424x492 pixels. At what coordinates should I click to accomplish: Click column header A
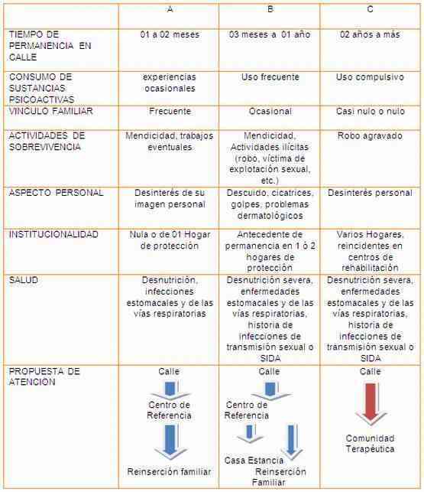(x=169, y=10)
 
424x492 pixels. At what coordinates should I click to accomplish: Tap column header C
(x=371, y=10)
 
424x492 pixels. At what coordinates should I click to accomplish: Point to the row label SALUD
(x=26, y=280)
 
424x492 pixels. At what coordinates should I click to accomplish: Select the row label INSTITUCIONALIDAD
(x=53, y=234)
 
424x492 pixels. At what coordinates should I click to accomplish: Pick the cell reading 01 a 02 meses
(x=169, y=34)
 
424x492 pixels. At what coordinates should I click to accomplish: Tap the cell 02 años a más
(x=370, y=34)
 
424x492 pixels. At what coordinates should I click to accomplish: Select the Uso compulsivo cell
(x=370, y=77)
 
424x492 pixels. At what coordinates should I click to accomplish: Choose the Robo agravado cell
(x=370, y=135)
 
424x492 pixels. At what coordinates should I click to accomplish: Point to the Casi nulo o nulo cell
(x=370, y=110)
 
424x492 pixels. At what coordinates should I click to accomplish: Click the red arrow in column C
(x=370, y=403)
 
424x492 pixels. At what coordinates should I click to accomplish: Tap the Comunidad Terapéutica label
(x=370, y=444)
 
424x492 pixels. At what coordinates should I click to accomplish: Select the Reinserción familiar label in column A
(x=169, y=471)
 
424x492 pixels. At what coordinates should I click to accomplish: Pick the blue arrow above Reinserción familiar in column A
(x=170, y=441)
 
